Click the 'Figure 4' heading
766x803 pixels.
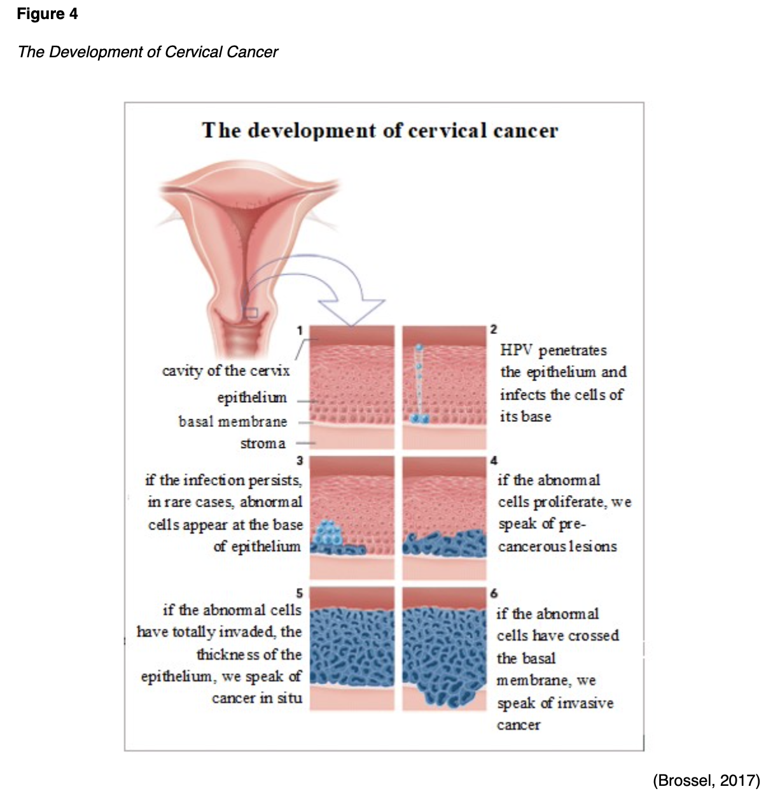47,14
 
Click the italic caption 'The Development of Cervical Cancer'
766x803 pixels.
148,52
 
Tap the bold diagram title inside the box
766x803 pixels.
380,130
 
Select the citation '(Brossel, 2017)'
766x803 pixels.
706,780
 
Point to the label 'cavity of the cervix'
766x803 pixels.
226,370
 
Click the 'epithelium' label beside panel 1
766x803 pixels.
252,398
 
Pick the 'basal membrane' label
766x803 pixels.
233,421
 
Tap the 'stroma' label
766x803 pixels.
263,443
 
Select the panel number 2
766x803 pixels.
494,329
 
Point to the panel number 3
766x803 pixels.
300,460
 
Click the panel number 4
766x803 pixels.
494,460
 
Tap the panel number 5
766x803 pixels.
300,593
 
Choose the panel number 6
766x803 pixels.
494,593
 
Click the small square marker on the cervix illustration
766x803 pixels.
251,312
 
